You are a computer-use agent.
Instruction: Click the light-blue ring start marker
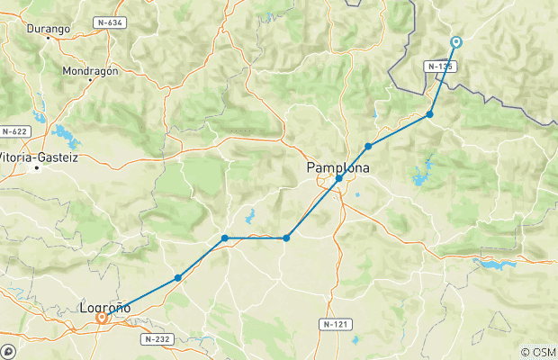(456, 41)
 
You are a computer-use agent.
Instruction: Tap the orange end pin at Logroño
(102, 317)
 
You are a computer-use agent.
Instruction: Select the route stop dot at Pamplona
(338, 178)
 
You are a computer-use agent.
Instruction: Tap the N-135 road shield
(441, 66)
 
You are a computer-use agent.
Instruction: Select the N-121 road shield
(335, 322)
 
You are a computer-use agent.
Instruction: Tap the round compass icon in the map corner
(9, 350)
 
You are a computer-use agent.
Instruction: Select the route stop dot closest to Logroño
(178, 278)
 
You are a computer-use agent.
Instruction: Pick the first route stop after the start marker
(430, 114)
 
